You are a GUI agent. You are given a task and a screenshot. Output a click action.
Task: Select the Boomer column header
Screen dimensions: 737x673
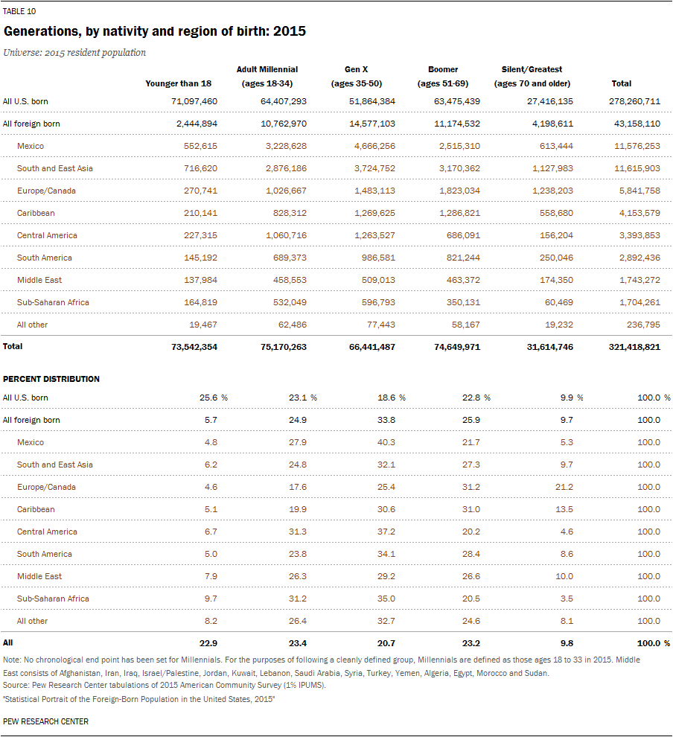click(443, 77)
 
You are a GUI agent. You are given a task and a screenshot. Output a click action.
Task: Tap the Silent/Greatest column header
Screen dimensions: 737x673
click(532, 77)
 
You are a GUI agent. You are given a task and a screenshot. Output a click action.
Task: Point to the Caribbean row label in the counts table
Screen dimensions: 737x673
click(36, 213)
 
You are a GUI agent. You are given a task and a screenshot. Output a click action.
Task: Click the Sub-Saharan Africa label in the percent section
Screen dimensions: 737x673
click(53, 599)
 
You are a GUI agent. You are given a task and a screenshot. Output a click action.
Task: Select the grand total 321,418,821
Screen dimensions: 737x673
click(634, 347)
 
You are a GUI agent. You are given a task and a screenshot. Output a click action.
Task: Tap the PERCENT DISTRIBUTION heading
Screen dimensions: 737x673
click(51, 379)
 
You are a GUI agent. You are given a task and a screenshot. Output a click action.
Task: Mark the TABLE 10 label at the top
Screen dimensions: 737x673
click(19, 11)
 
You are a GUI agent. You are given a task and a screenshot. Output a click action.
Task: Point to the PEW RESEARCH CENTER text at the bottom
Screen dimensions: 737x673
click(45, 721)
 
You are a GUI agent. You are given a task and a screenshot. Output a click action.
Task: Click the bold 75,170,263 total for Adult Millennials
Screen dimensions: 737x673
click(281, 347)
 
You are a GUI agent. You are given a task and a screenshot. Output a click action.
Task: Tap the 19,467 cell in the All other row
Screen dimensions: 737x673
click(201, 325)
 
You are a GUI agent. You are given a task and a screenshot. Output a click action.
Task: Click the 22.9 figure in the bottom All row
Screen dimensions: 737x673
click(210, 642)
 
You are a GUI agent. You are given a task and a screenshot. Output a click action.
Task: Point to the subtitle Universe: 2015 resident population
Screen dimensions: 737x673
click(74, 53)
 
